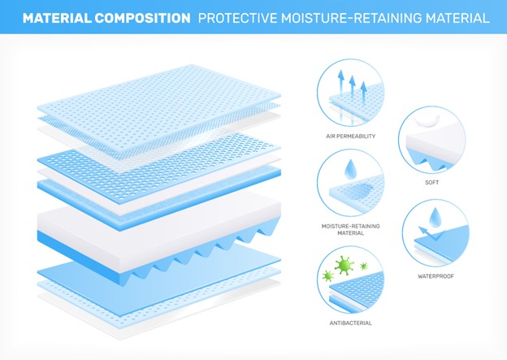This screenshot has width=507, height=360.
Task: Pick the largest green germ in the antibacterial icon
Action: coord(344,265)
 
